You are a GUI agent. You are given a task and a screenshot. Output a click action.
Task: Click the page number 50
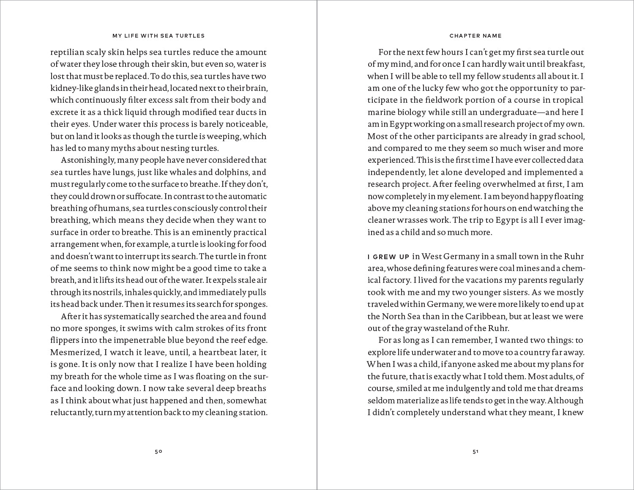coord(158,452)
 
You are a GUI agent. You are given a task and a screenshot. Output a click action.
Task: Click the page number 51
coord(475,452)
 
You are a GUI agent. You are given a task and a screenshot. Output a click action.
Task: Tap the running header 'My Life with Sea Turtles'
coord(158,36)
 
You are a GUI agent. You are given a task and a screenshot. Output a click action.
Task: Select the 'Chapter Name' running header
coord(475,36)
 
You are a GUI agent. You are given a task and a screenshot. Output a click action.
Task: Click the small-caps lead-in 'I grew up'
coord(388,257)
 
